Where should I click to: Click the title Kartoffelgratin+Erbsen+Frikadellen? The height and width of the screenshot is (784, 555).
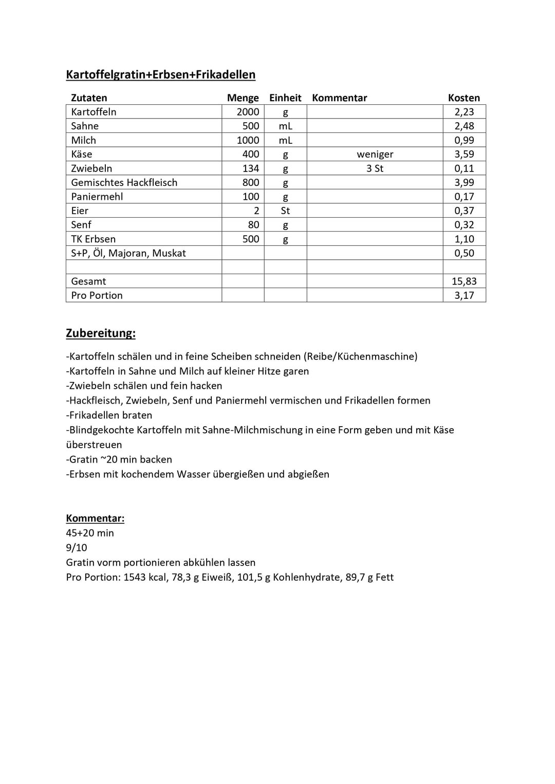(x=160, y=74)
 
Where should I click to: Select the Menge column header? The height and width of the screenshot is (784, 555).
(x=243, y=98)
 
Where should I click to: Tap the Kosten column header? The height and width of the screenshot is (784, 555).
(x=464, y=98)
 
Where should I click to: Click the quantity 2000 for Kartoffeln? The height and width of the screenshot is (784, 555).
(x=248, y=112)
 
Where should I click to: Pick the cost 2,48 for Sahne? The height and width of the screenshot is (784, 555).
(x=464, y=126)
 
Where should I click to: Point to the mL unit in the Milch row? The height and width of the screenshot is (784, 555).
(x=285, y=140)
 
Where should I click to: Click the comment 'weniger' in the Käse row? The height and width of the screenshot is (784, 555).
(x=375, y=154)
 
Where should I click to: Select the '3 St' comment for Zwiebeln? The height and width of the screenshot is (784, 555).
(x=375, y=168)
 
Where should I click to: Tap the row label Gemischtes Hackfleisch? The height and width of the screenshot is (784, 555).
(x=124, y=182)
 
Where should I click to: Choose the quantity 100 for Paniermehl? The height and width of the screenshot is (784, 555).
(x=251, y=197)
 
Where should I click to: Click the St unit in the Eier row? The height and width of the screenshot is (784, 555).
(x=285, y=211)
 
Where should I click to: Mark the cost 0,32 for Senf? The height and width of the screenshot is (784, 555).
(x=464, y=225)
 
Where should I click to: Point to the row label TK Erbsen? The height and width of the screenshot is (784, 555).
(x=93, y=239)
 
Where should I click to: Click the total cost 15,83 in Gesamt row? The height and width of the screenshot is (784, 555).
(x=464, y=281)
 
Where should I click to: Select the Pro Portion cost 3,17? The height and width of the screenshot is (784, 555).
(x=464, y=295)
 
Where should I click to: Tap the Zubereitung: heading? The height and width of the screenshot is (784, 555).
(x=101, y=333)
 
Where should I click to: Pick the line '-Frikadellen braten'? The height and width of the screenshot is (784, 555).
(x=109, y=415)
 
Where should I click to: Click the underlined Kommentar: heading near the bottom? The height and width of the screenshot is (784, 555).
(x=95, y=518)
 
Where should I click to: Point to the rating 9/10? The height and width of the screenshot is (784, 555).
(x=77, y=548)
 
